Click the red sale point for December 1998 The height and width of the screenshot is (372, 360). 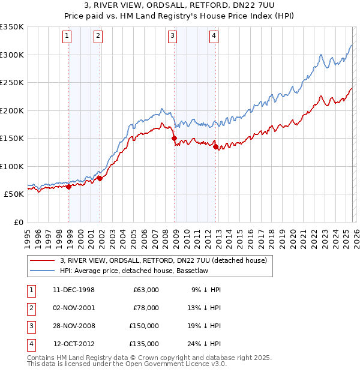[x=69, y=187]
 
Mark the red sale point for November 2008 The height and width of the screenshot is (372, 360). [x=175, y=138]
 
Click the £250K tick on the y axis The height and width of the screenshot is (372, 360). [x=12, y=83]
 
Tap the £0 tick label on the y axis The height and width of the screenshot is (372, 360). [x=17, y=222]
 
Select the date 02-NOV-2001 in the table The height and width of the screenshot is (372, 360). [x=74, y=308]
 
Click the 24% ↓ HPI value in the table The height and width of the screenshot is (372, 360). [x=206, y=344]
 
